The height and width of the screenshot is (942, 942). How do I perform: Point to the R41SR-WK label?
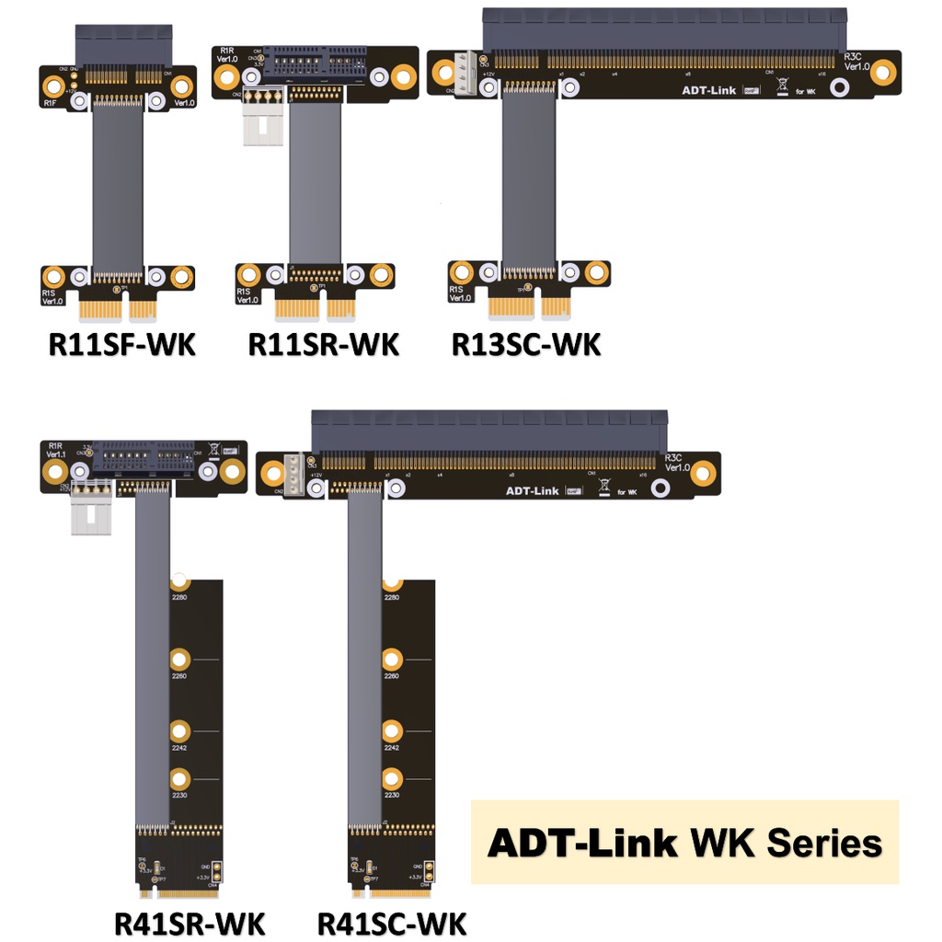pos(190,922)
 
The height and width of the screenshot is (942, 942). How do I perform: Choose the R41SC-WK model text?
pos(392,922)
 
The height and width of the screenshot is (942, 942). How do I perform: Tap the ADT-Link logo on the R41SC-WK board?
pos(533,490)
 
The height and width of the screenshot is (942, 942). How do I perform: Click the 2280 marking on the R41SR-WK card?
pos(180,598)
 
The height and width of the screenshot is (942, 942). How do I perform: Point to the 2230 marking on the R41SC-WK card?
pos(392,794)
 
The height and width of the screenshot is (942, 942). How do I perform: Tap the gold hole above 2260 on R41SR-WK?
pos(180,659)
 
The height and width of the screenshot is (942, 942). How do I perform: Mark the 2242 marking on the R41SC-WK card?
pos(392,747)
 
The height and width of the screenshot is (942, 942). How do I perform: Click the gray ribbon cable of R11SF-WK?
pos(118,184)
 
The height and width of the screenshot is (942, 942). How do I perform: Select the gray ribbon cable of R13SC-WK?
pos(529,175)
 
